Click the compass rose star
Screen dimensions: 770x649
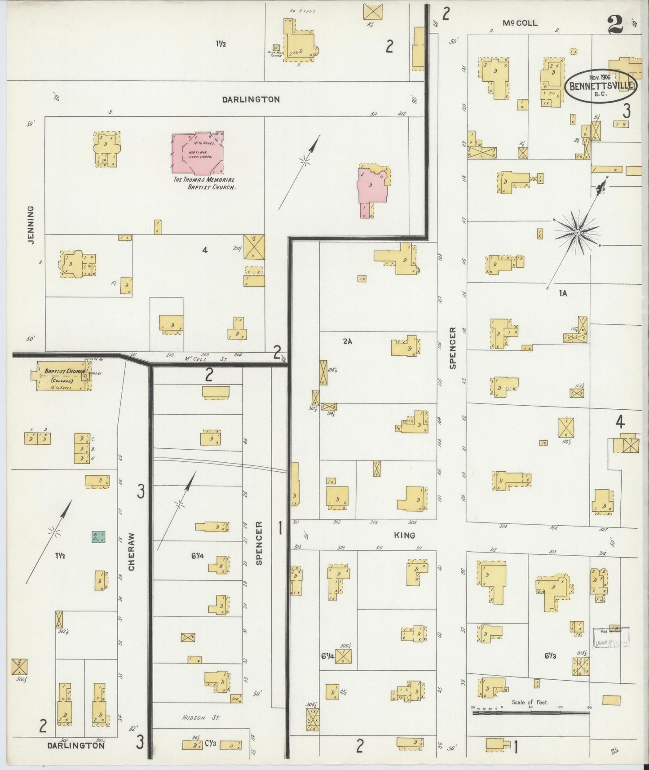(577, 233)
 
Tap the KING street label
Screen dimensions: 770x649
(404, 535)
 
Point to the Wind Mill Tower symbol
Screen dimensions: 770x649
(276, 48)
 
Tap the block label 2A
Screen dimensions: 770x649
(347, 341)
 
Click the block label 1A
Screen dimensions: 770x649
(563, 293)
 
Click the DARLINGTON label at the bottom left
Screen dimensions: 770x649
(76, 745)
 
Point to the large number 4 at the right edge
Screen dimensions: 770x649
(620, 422)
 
